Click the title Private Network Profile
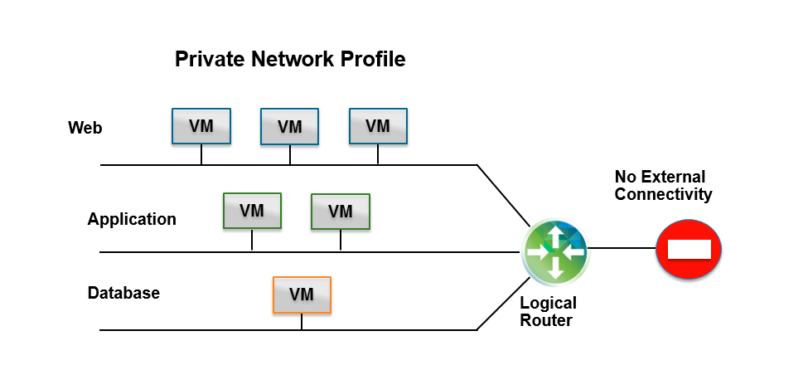(x=289, y=60)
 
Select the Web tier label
(x=85, y=128)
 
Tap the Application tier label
(x=132, y=219)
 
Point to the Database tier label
(x=123, y=293)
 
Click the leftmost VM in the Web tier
(x=201, y=126)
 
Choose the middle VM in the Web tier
(x=290, y=127)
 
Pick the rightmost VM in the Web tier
(x=378, y=126)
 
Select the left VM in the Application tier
(x=252, y=211)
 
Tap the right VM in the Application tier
(x=341, y=212)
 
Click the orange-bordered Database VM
(x=302, y=295)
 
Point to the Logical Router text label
(x=548, y=312)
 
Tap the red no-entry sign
(x=689, y=248)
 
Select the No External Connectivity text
(x=663, y=186)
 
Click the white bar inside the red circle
(x=689, y=248)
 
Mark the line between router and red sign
(x=622, y=248)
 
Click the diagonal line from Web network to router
(x=503, y=194)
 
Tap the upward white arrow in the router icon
(x=555, y=234)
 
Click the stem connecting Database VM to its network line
(x=302, y=322)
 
